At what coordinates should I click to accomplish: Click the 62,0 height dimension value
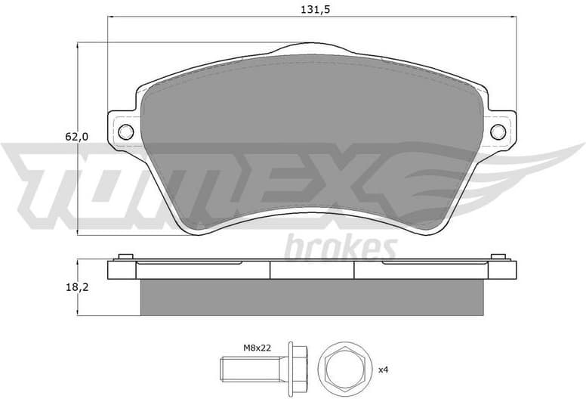tap(77, 137)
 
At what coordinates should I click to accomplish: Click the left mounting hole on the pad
tap(126, 132)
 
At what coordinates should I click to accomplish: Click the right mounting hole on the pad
tap(498, 132)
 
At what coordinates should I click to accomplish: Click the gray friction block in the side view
tap(312, 298)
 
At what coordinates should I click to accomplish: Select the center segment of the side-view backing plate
tap(312, 271)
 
